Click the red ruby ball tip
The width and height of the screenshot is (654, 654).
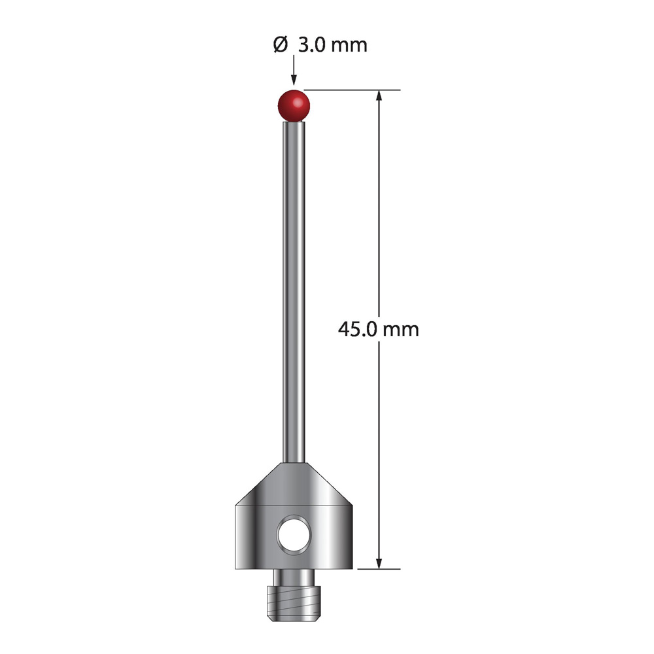click(294, 105)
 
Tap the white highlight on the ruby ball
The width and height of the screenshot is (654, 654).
click(298, 102)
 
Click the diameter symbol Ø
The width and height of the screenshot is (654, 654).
click(281, 44)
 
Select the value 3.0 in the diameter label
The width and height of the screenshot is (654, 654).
click(312, 44)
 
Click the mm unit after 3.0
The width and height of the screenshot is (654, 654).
click(349, 46)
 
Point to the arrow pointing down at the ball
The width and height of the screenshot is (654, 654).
click(294, 70)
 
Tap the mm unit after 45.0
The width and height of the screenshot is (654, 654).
click(400, 331)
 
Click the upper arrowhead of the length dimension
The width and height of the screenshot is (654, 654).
click(379, 96)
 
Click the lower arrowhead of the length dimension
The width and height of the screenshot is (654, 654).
click(379, 562)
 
